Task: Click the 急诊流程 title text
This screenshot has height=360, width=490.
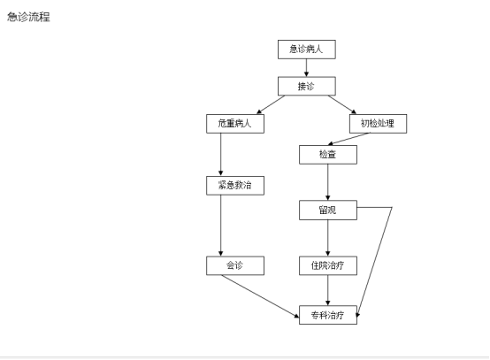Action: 29,17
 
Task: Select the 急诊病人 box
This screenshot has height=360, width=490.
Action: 307,50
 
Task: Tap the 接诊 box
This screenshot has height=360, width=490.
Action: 307,86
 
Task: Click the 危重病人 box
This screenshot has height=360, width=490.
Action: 235,124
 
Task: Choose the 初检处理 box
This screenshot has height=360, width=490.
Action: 378,124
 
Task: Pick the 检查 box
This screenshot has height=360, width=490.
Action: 328,155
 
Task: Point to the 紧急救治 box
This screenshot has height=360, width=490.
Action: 235,186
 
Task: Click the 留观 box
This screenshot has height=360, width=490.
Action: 328,211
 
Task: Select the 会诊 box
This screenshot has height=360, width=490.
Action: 235,266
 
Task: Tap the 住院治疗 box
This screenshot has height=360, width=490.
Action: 328,266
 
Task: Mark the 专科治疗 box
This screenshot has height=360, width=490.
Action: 328,315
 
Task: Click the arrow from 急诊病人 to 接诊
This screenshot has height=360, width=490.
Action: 306,68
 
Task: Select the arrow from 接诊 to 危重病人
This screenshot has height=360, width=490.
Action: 271,105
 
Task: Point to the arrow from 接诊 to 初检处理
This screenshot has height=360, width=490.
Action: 342,105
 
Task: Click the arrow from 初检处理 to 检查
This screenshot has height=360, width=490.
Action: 348,139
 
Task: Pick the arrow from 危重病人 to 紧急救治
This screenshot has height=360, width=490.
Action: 220,155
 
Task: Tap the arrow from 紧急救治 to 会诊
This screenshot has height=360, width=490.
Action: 220,226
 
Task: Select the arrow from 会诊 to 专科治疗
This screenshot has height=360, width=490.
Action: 260,296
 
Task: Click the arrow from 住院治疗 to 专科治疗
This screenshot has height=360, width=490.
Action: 328,291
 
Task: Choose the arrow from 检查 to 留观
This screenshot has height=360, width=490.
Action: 328,182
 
